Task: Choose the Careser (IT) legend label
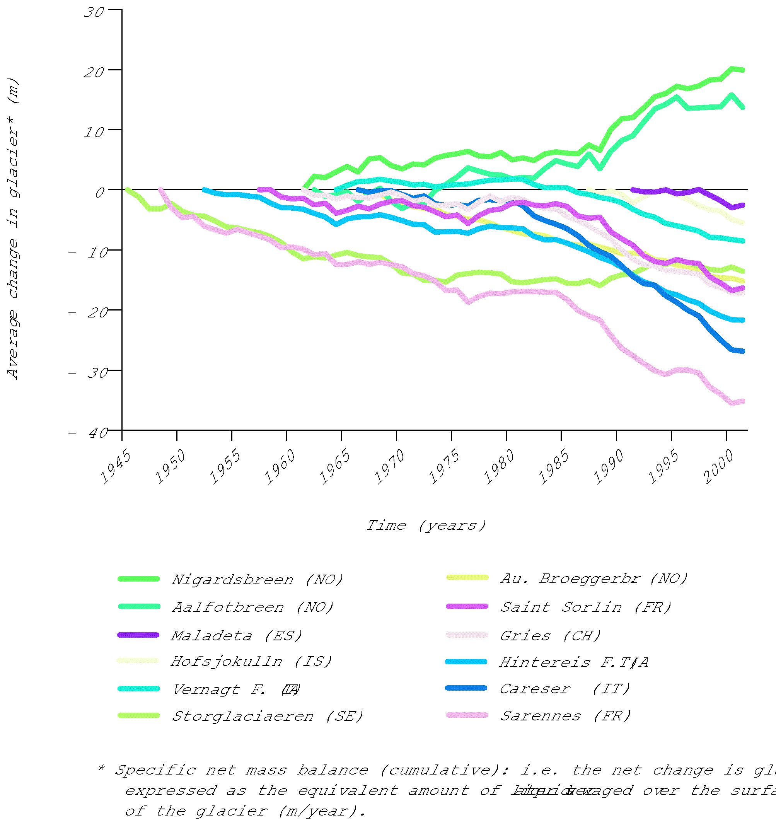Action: tap(565, 689)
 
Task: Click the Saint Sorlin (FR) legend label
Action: tap(586, 607)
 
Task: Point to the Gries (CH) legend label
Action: tap(550, 635)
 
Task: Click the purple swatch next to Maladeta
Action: tap(138, 635)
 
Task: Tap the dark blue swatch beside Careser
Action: tap(466, 688)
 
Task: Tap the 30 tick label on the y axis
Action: tap(94, 12)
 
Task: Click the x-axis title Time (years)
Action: tap(426, 526)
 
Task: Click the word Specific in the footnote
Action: tap(155, 770)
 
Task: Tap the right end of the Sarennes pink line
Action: tap(743, 401)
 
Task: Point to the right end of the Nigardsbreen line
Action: tap(743, 70)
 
